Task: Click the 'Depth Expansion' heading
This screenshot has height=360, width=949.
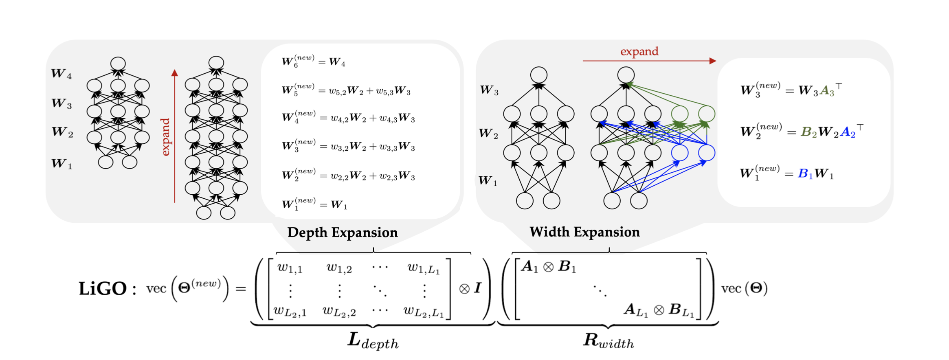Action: (342, 233)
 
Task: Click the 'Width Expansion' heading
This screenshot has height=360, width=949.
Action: (584, 232)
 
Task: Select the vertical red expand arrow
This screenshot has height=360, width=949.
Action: (175, 136)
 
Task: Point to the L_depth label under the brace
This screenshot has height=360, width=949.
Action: (373, 341)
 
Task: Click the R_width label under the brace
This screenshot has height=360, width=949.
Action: (608, 341)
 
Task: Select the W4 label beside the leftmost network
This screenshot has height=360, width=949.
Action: (62, 74)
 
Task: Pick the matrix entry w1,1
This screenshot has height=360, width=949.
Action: (290, 268)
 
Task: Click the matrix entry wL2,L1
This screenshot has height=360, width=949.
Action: (423, 312)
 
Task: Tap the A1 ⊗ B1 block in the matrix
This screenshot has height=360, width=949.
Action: (548, 267)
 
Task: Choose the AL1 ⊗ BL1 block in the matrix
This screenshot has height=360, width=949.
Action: (659, 310)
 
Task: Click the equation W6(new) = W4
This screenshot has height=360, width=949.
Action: (313, 62)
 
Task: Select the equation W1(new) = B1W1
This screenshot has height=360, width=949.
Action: (786, 174)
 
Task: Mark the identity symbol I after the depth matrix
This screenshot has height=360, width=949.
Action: (478, 289)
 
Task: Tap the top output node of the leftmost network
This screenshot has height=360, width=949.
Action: (118, 64)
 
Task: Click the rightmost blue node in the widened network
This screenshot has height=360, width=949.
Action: (707, 153)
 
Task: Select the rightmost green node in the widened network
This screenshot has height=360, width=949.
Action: (707, 114)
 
